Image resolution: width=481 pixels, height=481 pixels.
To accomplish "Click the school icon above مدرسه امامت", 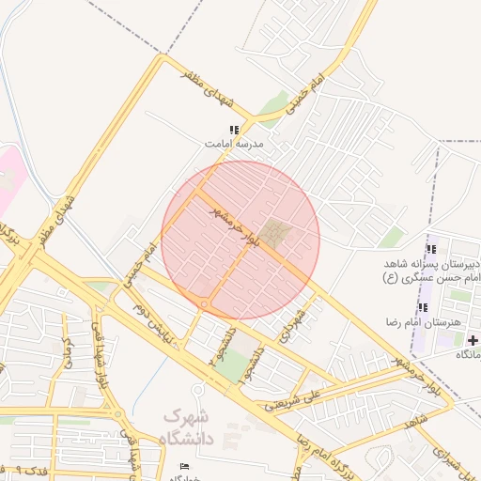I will click(x=234, y=131).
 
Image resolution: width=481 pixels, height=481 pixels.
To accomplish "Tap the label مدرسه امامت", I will click(x=236, y=145).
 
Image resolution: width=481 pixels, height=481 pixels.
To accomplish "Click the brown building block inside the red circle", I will click(x=275, y=231).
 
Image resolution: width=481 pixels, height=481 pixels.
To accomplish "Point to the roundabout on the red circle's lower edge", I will click(x=204, y=304).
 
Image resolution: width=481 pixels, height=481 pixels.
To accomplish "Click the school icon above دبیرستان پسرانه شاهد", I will click(x=430, y=249).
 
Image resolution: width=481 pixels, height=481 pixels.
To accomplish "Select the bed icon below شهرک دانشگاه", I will click(x=184, y=467).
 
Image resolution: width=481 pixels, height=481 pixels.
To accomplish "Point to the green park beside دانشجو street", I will click(x=232, y=366).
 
